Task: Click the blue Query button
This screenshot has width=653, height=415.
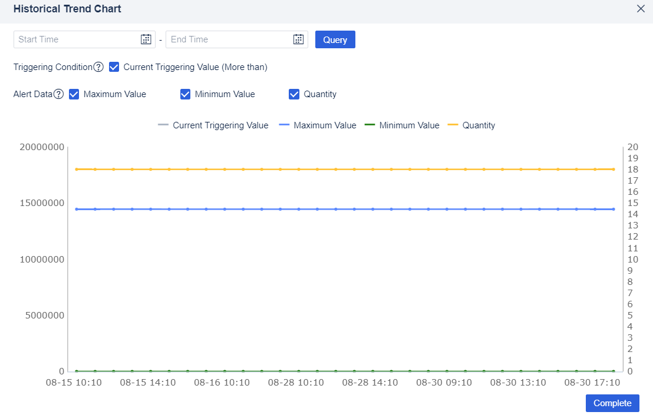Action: coord(335,39)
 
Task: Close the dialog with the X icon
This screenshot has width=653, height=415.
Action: coord(641,9)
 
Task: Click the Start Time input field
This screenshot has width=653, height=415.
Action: coord(77,39)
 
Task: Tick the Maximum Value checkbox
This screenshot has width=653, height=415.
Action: coord(74,94)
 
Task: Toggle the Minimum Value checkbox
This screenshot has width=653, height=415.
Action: coord(185,94)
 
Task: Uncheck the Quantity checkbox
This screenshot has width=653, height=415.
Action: coord(294,94)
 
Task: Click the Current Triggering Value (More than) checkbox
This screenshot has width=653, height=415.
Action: coord(114,67)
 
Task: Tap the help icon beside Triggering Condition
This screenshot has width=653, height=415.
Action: coord(98,67)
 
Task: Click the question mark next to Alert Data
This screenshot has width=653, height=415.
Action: coord(58,94)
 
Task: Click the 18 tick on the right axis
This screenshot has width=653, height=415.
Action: coord(633,169)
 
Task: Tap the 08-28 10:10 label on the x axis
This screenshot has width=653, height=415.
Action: coord(295,383)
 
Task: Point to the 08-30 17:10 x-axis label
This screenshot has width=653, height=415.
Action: coord(592,383)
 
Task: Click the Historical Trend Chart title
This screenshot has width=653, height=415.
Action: coord(67,9)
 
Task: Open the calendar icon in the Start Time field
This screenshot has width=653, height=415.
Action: coord(146,39)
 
